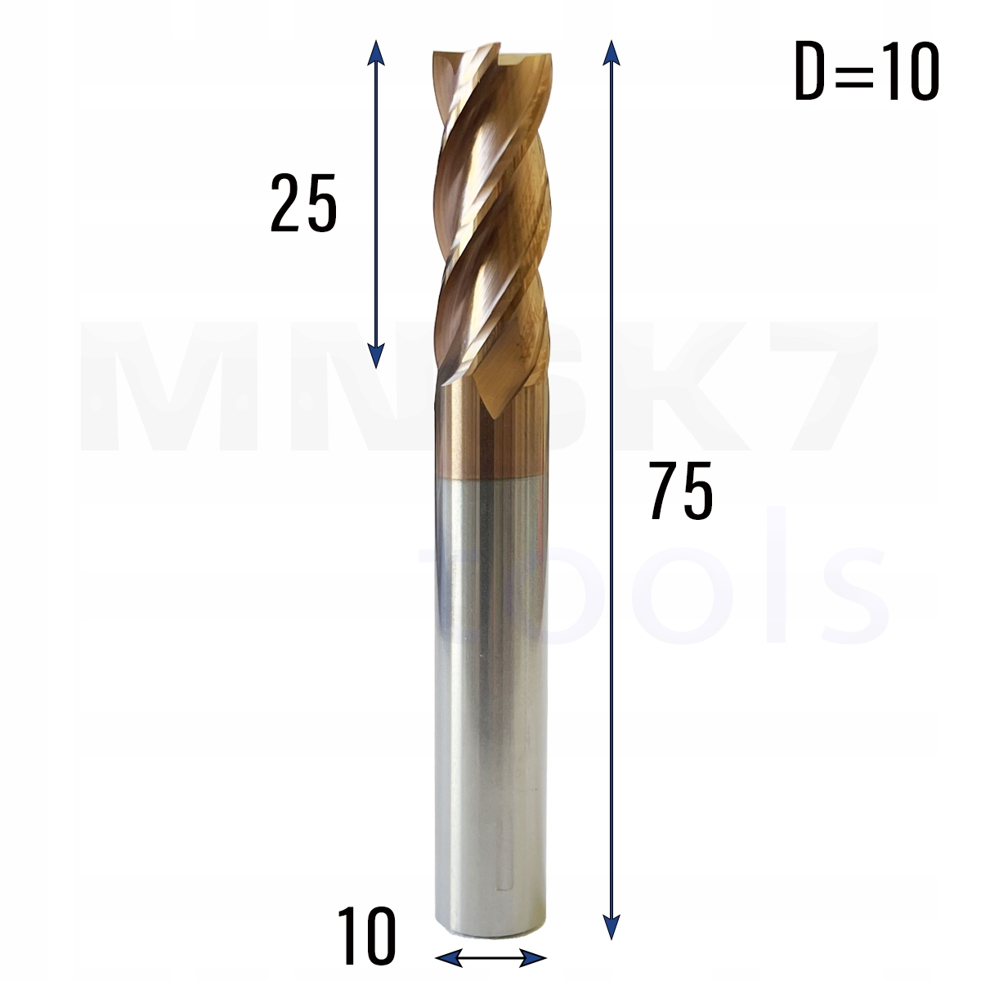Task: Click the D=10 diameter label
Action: pyautogui.click(x=867, y=74)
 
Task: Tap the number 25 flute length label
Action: pyautogui.click(x=303, y=204)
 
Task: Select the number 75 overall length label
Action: pyautogui.click(x=681, y=490)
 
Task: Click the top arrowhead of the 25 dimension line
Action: pyautogui.click(x=375, y=51)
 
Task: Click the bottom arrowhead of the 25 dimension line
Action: pyautogui.click(x=375, y=356)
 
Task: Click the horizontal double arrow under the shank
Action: pyautogui.click(x=490, y=956)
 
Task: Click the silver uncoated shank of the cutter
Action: pyautogui.click(x=489, y=695)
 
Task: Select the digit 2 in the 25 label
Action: pyautogui.click(x=285, y=204)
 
